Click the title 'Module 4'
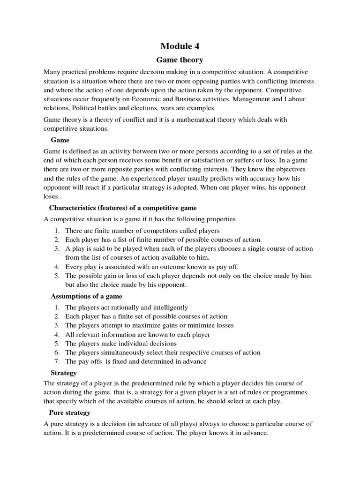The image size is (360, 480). (x=180, y=45)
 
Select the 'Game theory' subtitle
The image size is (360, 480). (x=180, y=60)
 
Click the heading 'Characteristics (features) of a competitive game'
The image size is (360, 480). (x=123, y=208)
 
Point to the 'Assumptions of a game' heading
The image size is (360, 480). (x=86, y=296)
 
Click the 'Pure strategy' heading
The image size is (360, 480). (x=69, y=412)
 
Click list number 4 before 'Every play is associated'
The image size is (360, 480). (x=56, y=266)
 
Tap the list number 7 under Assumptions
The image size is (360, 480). (x=56, y=361)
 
